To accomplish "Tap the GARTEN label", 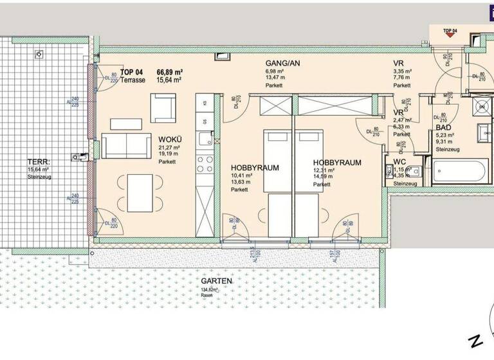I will pyautogui.click(x=215, y=281).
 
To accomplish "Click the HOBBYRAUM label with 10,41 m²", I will pyautogui.click(x=255, y=167).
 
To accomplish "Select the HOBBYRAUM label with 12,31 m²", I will pyautogui.click(x=336, y=163).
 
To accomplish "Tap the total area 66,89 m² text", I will pyautogui.click(x=170, y=71).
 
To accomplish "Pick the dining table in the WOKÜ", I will pyautogui.click(x=141, y=191).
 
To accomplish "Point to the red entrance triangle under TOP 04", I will pyautogui.click(x=451, y=37).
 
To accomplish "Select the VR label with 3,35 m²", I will pyautogui.click(x=399, y=63).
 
